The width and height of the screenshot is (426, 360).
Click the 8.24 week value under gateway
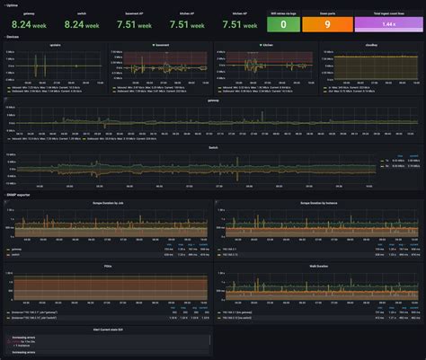click(x=29, y=24)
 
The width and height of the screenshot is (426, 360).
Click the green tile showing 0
click(x=282, y=24)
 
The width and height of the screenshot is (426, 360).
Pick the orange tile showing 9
click(x=326, y=24)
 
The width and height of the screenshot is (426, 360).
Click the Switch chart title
click(x=213, y=147)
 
